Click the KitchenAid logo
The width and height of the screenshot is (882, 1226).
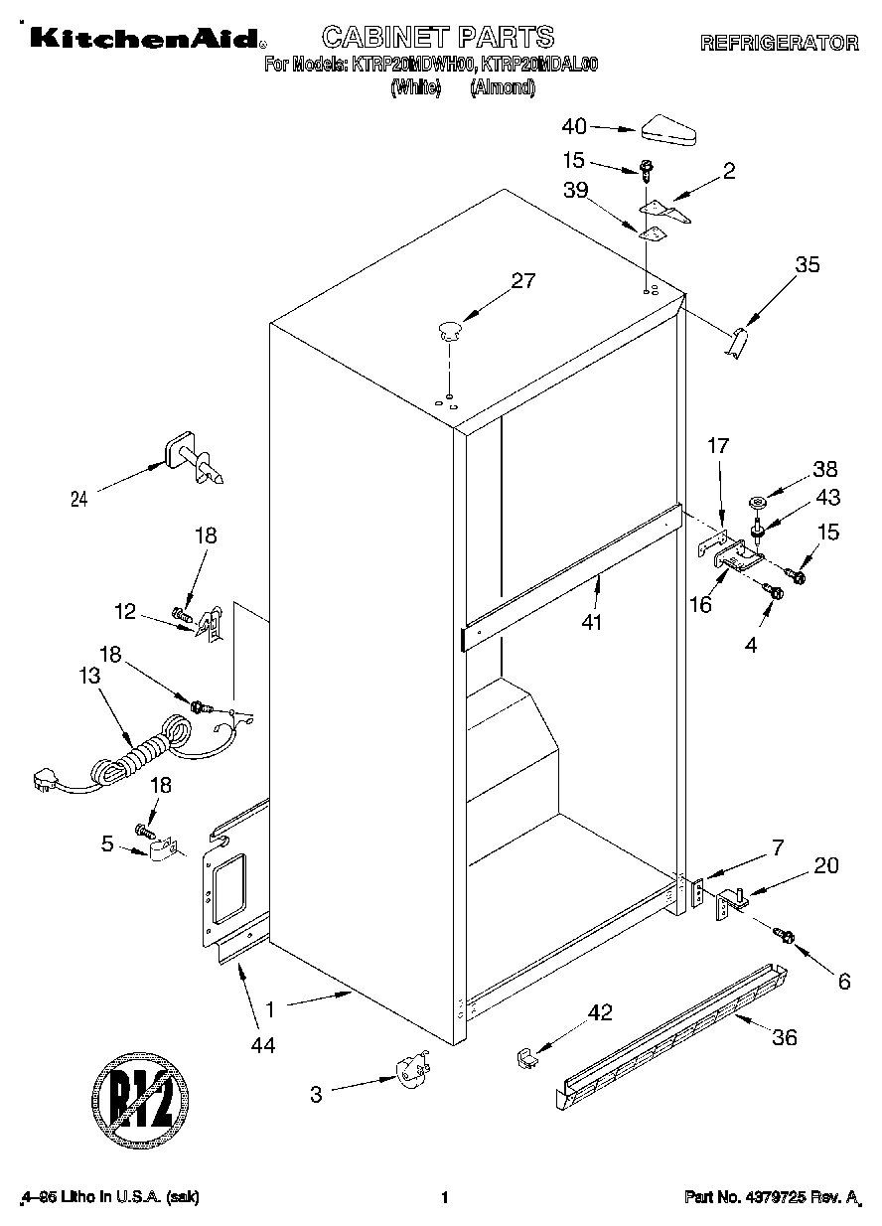(145, 39)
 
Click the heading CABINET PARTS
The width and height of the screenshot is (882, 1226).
(437, 38)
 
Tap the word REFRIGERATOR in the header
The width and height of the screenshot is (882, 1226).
(779, 44)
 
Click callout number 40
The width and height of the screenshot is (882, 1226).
(575, 126)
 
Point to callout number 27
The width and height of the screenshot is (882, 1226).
(522, 281)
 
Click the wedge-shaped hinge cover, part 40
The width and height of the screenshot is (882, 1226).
(671, 129)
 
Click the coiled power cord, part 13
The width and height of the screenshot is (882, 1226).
(139, 755)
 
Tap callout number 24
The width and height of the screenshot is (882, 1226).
(79, 500)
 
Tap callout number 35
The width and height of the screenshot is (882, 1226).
(808, 264)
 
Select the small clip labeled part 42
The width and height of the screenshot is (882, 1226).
(526, 1057)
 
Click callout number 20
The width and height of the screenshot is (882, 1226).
(825, 865)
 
